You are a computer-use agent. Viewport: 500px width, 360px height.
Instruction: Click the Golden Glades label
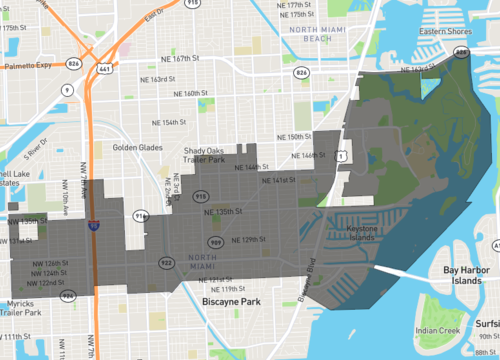pos(137,148)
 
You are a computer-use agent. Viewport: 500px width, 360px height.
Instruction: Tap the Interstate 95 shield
pos(93,226)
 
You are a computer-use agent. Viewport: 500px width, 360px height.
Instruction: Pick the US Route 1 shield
pos(341,156)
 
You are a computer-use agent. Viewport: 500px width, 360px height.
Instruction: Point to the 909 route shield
pos(215,242)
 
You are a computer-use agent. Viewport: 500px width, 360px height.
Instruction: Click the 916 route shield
pos(140,216)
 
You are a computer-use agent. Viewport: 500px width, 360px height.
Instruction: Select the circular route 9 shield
pos(67,89)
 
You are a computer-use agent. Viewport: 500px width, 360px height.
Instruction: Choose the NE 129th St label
pos(249,241)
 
